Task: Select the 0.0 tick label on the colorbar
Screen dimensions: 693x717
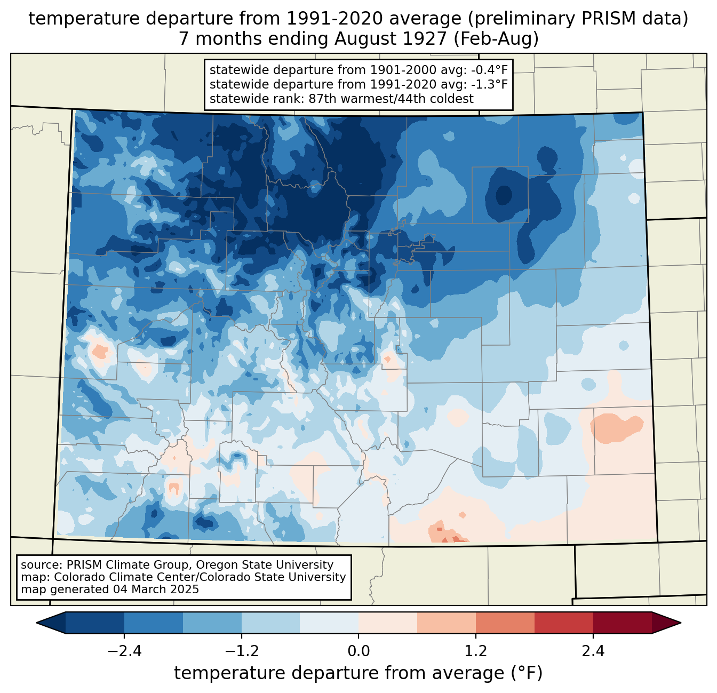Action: [x=359, y=651]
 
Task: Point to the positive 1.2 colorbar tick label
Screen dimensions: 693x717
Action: [x=476, y=651]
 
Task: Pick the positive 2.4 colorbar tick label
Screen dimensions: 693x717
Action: [x=593, y=651]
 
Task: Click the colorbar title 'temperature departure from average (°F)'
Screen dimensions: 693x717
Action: [x=359, y=673]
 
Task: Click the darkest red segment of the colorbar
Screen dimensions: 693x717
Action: [x=622, y=623]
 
